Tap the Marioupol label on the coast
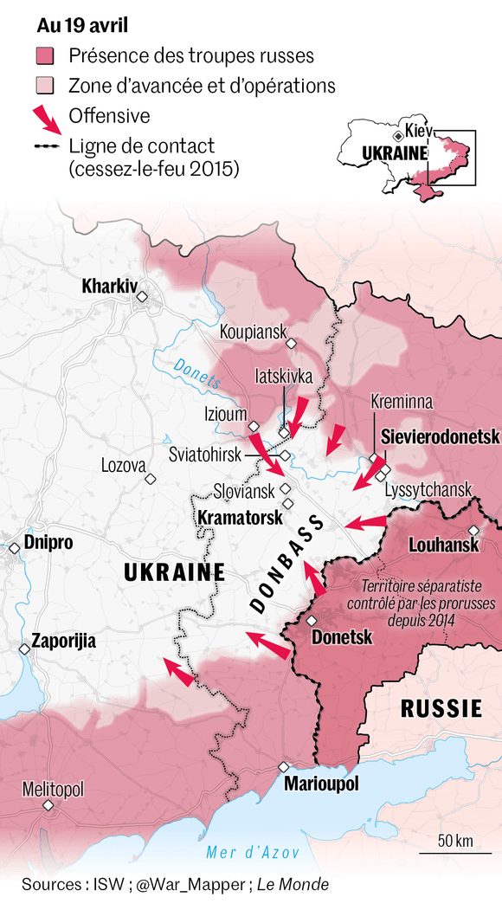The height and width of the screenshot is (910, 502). point(320,784)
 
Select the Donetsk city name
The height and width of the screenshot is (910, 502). point(341,637)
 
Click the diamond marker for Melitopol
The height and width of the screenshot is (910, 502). point(48,805)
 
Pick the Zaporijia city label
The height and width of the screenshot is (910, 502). point(63,642)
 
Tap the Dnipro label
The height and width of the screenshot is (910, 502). point(48,543)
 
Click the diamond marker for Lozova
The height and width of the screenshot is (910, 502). point(150,478)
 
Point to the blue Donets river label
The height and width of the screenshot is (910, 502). point(193,368)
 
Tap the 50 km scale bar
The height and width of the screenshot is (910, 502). point(454,851)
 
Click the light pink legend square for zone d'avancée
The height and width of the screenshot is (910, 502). point(45,86)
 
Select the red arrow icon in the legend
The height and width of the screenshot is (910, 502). point(47,118)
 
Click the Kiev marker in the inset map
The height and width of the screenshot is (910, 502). point(398,136)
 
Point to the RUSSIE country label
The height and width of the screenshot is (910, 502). point(441,709)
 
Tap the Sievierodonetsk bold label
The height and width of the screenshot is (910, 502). point(441,438)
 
